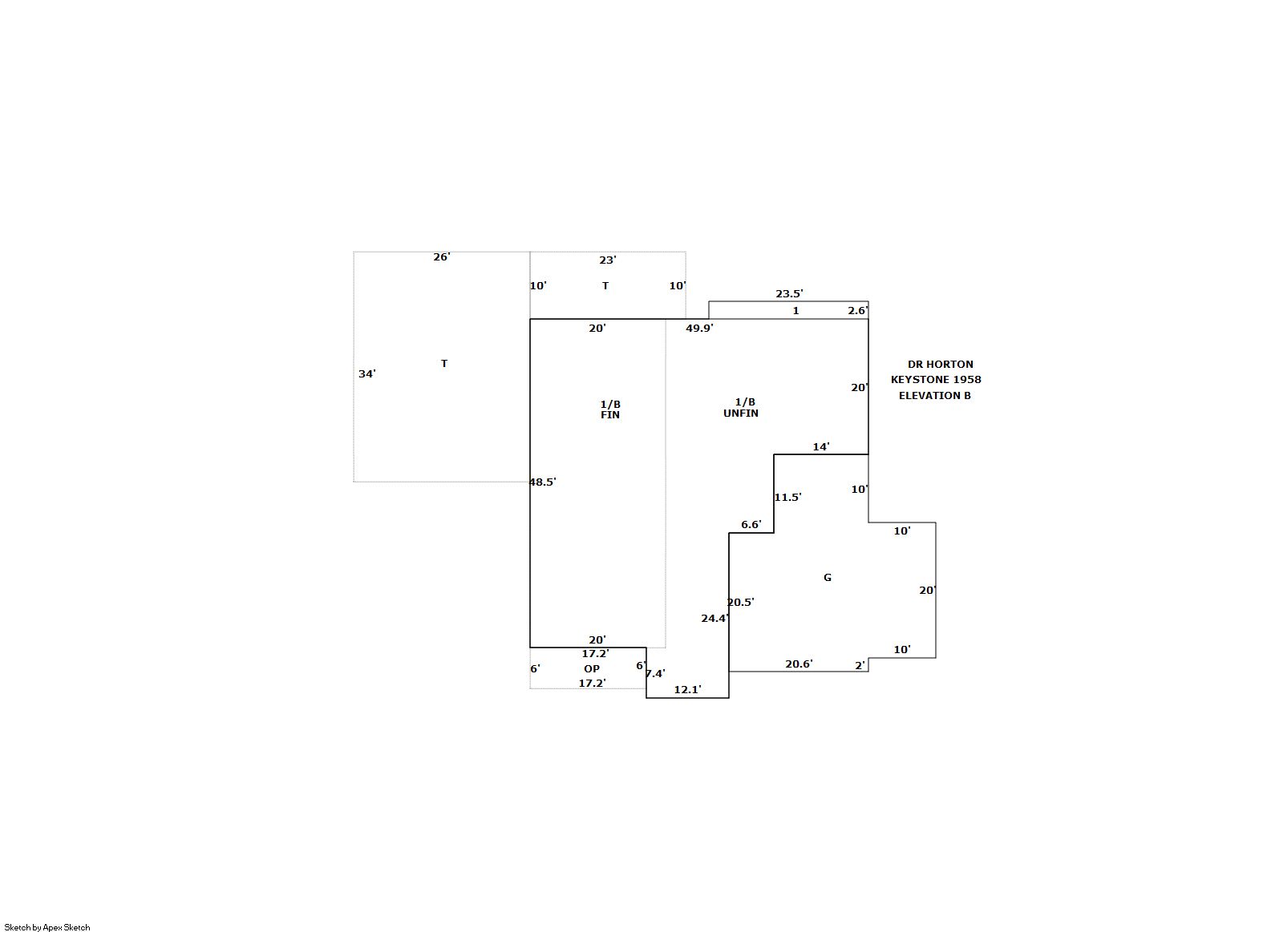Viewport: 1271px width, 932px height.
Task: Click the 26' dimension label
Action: (442, 257)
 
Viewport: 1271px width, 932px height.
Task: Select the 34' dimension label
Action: (366, 374)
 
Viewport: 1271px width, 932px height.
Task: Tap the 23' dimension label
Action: (608, 260)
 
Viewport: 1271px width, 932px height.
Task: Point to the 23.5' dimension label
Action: (789, 294)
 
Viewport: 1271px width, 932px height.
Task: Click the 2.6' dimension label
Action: (858, 311)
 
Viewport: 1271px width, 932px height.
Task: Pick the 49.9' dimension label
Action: (699, 329)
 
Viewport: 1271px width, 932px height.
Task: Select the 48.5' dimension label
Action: (542, 482)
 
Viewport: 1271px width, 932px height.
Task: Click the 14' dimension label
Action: (821, 447)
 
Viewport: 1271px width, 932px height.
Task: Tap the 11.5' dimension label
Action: (787, 498)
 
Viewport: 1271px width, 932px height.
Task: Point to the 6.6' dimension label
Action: (751, 525)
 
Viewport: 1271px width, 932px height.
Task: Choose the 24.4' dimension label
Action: (715, 619)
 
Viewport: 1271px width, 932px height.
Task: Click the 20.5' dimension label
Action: (741, 603)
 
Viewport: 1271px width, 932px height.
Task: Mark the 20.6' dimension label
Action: (799, 664)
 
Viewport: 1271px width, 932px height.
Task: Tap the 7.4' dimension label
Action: (655, 674)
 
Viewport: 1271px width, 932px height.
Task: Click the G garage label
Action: (828, 578)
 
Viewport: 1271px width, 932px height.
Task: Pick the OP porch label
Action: (592, 669)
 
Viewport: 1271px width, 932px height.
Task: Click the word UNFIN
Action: (741, 414)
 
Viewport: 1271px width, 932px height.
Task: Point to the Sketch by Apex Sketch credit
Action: (47, 927)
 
